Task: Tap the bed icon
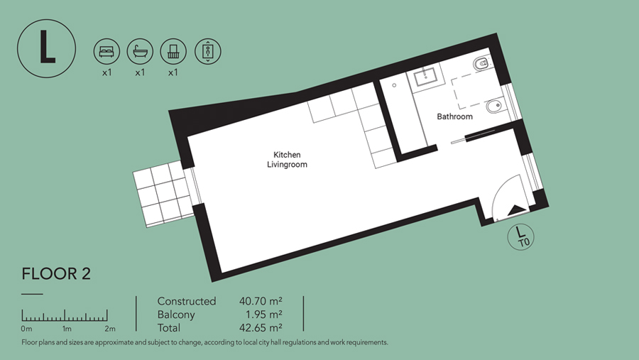tap(106, 51)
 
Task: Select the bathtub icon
tap(140, 51)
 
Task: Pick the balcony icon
tap(173, 51)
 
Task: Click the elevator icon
tap(208, 51)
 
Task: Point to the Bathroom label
tap(455, 116)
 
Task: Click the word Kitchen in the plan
tap(287, 155)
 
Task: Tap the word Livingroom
tap(287, 165)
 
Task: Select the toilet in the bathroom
tap(481, 64)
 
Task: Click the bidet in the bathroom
tap(495, 107)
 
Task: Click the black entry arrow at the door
tap(517, 210)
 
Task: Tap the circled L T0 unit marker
tap(520, 236)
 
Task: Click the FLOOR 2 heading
tap(56, 274)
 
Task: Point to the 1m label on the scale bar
tap(67, 329)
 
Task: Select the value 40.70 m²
tap(261, 301)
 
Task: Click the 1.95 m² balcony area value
tap(264, 315)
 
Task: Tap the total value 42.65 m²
tap(261, 328)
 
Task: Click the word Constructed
tap(187, 301)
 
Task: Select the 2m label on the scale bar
tap(109, 329)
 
